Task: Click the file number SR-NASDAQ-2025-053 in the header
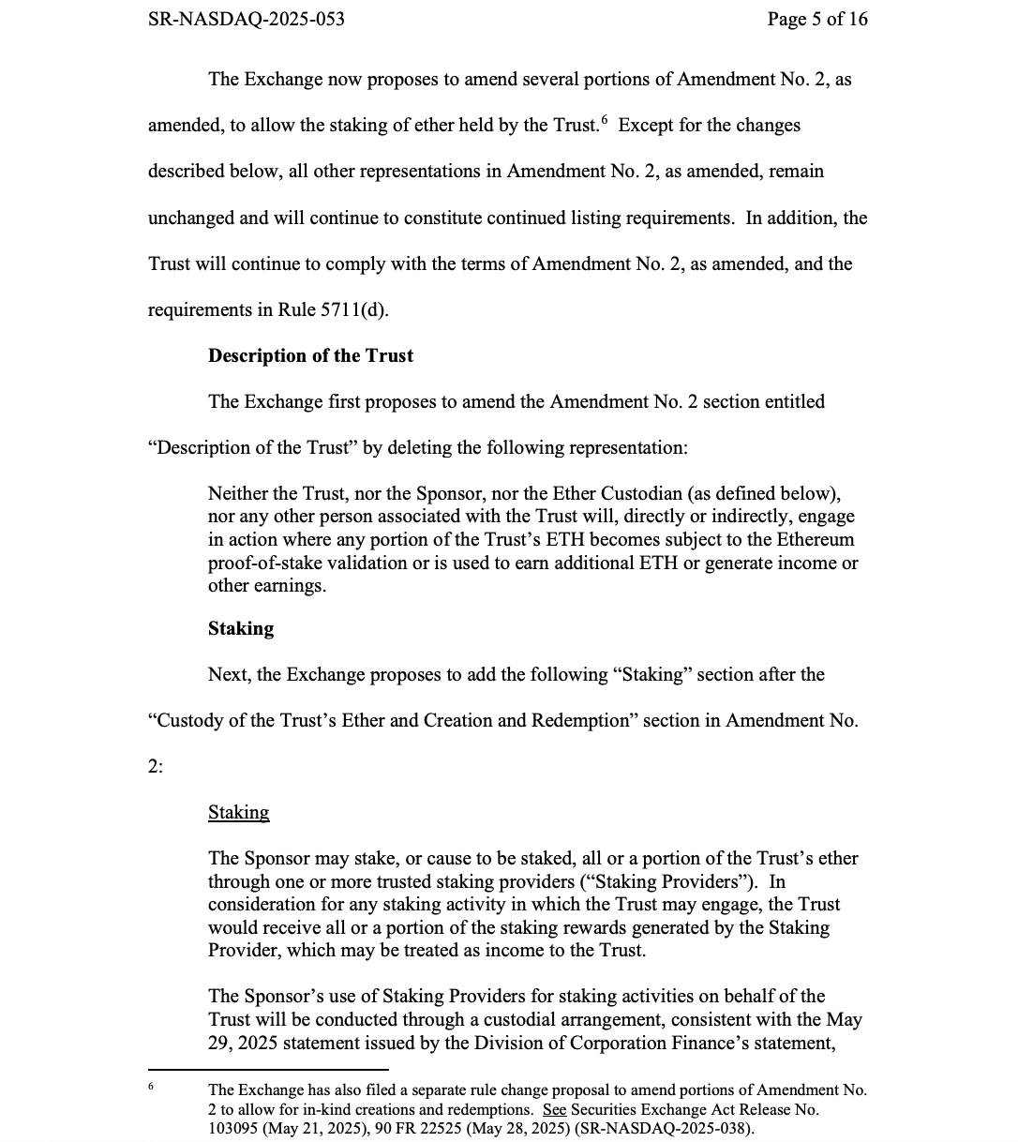(x=246, y=19)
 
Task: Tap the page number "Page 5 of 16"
(x=817, y=19)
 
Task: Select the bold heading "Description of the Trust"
(x=310, y=356)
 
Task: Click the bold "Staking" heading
(x=241, y=628)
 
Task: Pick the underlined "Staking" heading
(x=238, y=813)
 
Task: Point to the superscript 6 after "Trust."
(x=605, y=120)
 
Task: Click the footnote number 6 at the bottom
(x=151, y=1087)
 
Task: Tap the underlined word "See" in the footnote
(x=554, y=1109)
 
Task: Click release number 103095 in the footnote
(x=236, y=1128)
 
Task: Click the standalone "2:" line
(x=156, y=767)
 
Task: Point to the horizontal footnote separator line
(x=268, y=1069)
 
